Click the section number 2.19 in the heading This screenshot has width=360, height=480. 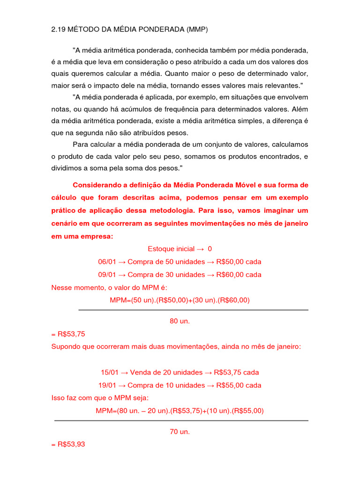[x=58, y=30]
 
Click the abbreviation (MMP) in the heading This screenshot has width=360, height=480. [x=196, y=30]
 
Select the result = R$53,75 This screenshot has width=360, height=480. [x=68, y=334]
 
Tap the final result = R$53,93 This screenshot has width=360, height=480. [x=68, y=445]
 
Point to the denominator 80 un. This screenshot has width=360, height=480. [x=180, y=322]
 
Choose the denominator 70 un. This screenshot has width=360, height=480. [x=180, y=432]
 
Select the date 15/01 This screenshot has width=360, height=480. [x=109, y=373]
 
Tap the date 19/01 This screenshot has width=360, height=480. [x=107, y=385]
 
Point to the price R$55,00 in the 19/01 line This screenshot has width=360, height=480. [x=231, y=385]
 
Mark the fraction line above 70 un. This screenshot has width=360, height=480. [x=181, y=420]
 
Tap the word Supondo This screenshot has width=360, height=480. [x=66, y=347]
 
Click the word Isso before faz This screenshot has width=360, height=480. [x=58, y=398]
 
